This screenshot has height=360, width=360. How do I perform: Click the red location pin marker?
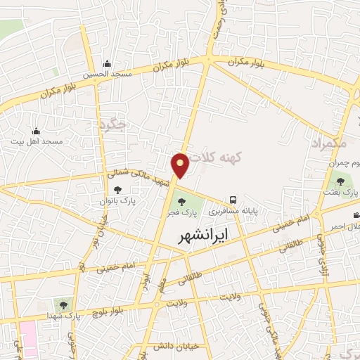point(181,164)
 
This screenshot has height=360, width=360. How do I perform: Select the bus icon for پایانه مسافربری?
point(233,200)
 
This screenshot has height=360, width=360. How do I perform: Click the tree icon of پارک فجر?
point(182,202)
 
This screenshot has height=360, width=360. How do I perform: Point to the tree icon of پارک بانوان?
point(117,189)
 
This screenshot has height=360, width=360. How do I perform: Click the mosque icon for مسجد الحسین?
point(107,64)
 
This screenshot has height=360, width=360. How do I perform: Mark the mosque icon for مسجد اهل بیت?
point(36,131)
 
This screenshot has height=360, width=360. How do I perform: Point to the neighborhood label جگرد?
point(113,125)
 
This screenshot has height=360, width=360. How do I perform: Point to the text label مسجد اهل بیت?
point(37,142)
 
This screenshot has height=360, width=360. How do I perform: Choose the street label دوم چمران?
point(344,163)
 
